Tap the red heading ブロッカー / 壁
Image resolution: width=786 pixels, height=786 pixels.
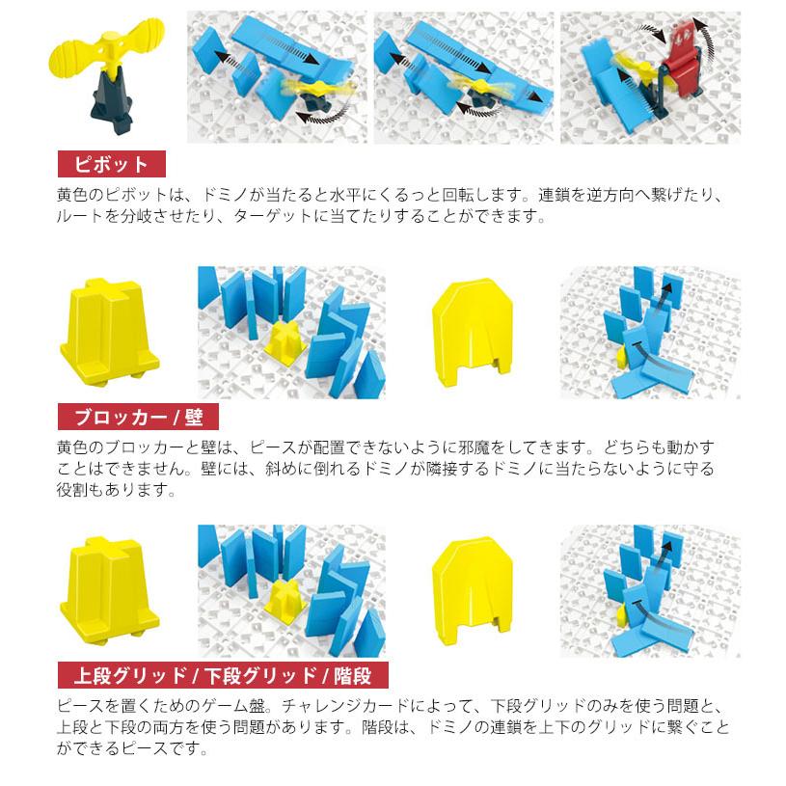coord(137,418)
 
